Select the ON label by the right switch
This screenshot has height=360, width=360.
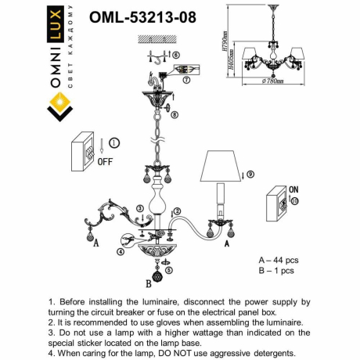(293, 189)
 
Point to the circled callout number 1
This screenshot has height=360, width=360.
(114, 143)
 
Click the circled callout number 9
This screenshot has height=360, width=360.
(250, 174)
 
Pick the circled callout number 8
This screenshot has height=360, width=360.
(175, 115)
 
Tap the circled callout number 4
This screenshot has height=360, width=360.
(121, 252)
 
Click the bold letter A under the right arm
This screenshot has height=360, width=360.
(227, 244)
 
